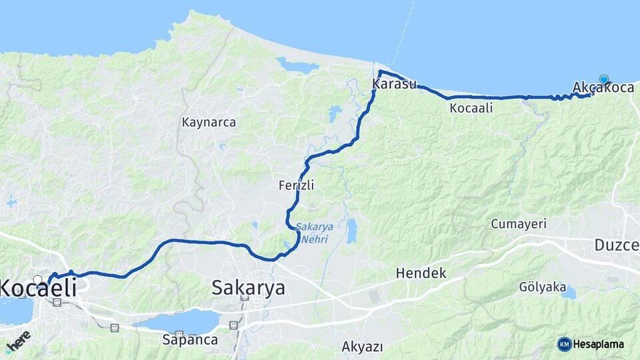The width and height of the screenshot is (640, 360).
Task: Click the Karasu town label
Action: pyautogui.click(x=395, y=84)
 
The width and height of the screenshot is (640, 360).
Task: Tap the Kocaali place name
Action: pyautogui.click(x=471, y=108)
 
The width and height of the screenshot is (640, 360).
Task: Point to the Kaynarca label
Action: pyautogui.click(x=209, y=123)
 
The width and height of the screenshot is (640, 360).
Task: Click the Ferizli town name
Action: pyautogui.click(x=296, y=186)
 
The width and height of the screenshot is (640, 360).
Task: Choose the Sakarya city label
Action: pyautogui.click(x=248, y=288)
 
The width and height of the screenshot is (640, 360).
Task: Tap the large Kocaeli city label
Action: pyautogui.click(x=37, y=289)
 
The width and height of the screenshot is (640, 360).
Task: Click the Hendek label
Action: pyautogui.click(x=421, y=273)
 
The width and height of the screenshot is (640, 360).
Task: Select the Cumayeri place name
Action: pyautogui.click(x=519, y=224)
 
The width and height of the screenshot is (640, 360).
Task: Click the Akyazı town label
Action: pyautogui.click(x=362, y=346)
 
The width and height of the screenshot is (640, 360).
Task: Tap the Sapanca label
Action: pyautogui.click(x=190, y=339)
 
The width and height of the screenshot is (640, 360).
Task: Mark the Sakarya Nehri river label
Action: pyautogui.click(x=312, y=233)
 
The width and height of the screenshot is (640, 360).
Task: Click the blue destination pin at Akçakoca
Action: pyautogui.click(x=603, y=79)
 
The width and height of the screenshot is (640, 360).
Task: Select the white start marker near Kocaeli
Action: pyautogui.click(x=38, y=280)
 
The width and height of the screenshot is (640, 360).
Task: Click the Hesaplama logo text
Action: pyautogui.click(x=599, y=344)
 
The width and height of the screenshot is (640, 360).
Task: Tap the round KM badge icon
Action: pyautogui.click(x=565, y=344)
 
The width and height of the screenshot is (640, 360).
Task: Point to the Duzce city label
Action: pyautogui.click(x=617, y=245)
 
